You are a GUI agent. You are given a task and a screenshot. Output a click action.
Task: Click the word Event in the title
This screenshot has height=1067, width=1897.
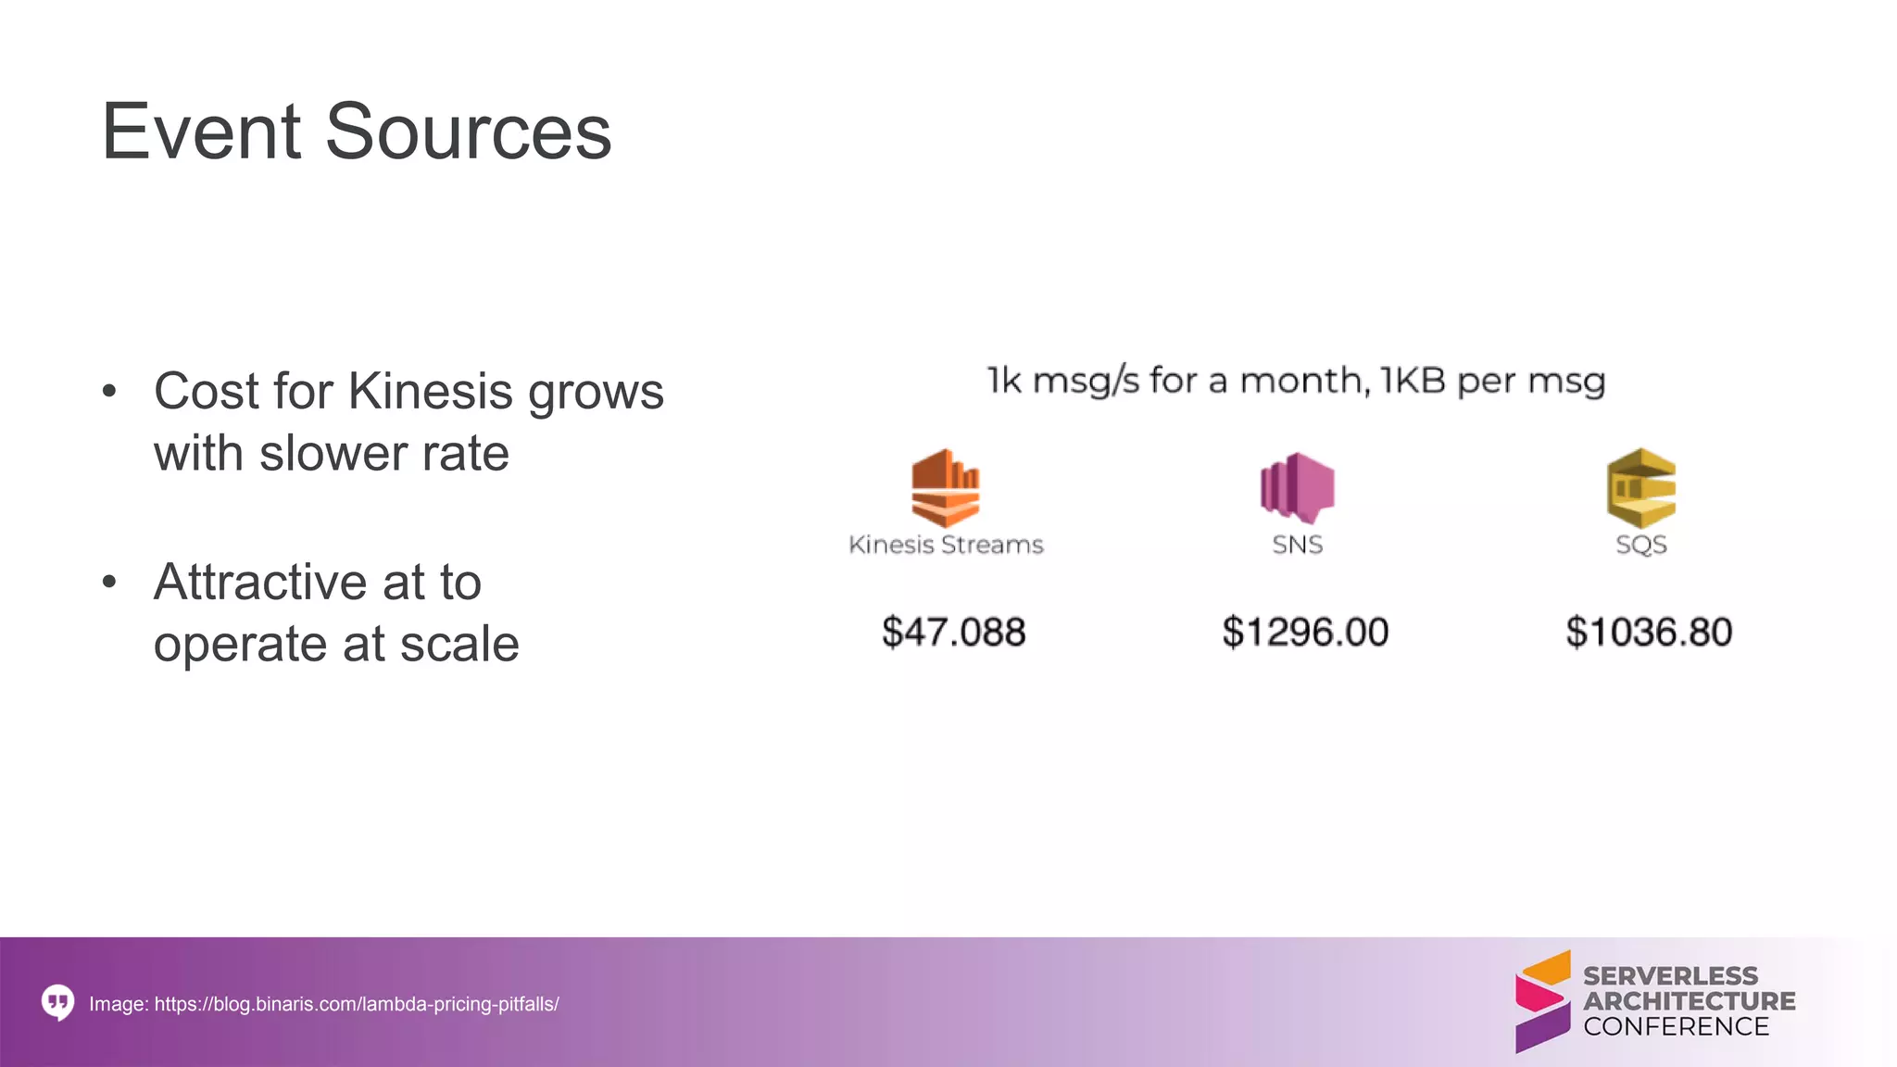coord(202,132)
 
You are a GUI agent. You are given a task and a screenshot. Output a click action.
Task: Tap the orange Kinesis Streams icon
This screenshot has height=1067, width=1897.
coord(945,487)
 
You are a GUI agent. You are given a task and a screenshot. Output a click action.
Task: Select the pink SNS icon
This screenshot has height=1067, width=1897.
coord(1297,487)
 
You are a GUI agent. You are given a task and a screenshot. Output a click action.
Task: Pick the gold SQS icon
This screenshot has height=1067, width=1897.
coord(1640,488)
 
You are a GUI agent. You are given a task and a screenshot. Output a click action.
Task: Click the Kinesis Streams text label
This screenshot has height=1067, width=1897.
coord(946,545)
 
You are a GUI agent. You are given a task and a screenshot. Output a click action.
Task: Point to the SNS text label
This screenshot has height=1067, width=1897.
coord(1297,545)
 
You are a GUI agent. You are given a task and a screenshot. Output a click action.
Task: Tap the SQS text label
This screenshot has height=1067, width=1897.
coord(1640,545)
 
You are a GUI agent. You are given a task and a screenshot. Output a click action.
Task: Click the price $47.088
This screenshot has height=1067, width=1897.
coord(953,633)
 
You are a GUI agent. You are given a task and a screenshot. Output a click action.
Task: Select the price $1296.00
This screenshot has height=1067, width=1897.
coord(1304,633)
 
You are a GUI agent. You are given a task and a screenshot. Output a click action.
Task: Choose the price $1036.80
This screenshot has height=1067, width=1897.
coord(1648,633)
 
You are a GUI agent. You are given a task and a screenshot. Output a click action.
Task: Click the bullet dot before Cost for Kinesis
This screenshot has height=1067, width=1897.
coord(109,392)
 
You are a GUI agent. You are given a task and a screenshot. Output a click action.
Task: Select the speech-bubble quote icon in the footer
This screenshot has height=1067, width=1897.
coord(57,1002)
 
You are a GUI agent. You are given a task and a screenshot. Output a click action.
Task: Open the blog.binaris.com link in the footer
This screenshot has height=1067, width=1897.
coord(357,1004)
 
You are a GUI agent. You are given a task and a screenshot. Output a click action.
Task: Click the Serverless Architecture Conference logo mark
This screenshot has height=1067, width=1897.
coord(1542,1001)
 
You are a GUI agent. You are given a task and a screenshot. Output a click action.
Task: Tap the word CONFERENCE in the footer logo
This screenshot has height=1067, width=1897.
coord(1676,1026)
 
